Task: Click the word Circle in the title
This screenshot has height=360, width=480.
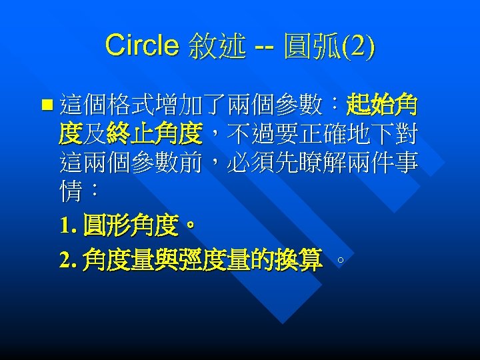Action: (141, 45)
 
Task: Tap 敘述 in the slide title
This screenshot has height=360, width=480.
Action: (217, 46)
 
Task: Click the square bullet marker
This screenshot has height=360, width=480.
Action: (45, 105)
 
